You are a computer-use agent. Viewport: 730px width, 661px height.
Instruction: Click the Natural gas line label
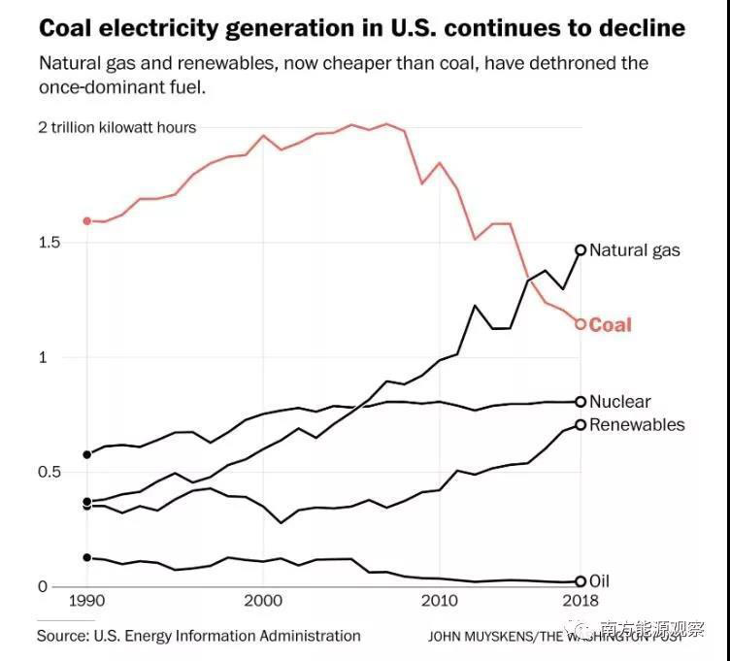[x=634, y=250]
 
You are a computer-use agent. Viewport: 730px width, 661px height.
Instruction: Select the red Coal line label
[x=610, y=325]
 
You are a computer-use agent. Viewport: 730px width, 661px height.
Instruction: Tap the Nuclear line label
[x=619, y=402]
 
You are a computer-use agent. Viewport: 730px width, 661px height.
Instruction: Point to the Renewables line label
[x=636, y=425]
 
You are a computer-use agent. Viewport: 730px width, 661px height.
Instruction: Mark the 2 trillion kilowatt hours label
[x=117, y=128]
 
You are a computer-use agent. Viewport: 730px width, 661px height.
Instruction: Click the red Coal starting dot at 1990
[x=87, y=221]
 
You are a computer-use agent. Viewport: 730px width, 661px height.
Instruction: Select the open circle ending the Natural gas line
[x=581, y=250]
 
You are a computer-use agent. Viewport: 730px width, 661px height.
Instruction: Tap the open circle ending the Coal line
[x=581, y=324]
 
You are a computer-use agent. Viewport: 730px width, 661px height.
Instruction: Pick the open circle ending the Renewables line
[x=581, y=425]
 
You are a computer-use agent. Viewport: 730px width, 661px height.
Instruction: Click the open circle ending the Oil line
[x=581, y=581]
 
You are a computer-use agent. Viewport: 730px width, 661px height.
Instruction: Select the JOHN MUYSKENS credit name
[x=475, y=637]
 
